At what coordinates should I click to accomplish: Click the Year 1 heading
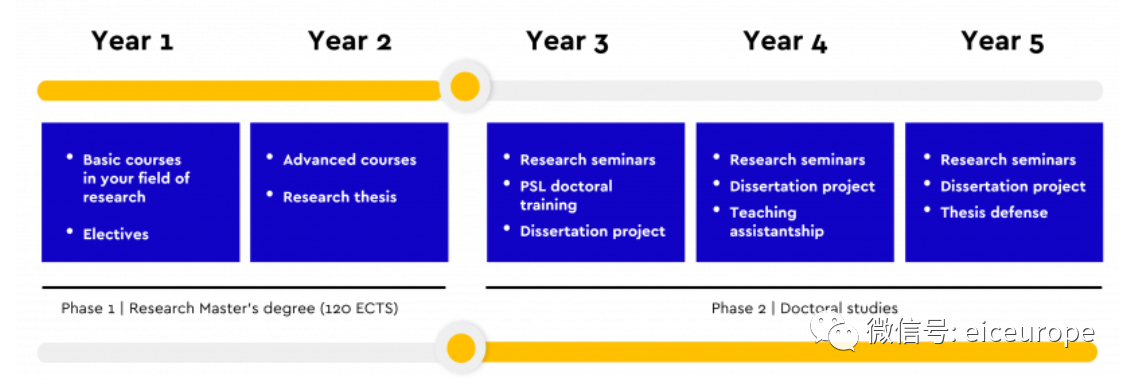coord(132,41)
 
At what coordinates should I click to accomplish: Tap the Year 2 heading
coord(349,41)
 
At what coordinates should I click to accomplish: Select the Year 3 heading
coord(567,41)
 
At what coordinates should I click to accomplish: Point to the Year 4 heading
coord(785,41)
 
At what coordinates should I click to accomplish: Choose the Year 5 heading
coord(1002,41)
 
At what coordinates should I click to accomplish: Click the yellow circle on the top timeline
coord(465,87)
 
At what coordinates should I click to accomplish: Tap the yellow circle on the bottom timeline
coord(461,349)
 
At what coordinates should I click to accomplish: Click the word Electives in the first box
coord(116,234)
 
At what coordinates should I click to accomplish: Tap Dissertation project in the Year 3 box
coord(593,232)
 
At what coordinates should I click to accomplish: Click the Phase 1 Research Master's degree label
coord(230,308)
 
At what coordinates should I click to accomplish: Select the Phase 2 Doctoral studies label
coord(805,308)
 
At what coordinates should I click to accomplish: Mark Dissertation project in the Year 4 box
coord(802,186)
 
